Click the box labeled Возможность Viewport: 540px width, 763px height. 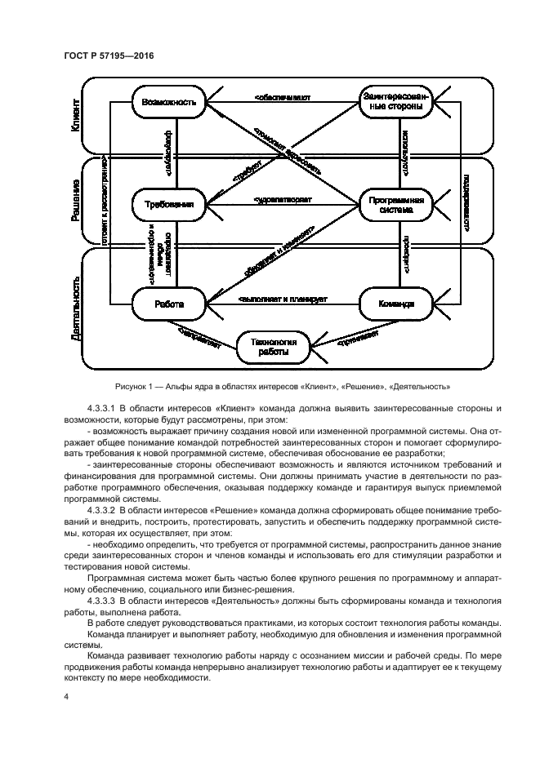coord(168,104)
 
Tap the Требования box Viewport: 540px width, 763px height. coord(168,205)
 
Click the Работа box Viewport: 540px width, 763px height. coord(168,304)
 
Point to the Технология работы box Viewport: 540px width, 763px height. coord(274,346)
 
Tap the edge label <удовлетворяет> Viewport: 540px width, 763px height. coord(283,199)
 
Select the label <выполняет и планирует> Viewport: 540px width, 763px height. coord(283,299)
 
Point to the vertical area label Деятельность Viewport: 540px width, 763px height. coord(76,308)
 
